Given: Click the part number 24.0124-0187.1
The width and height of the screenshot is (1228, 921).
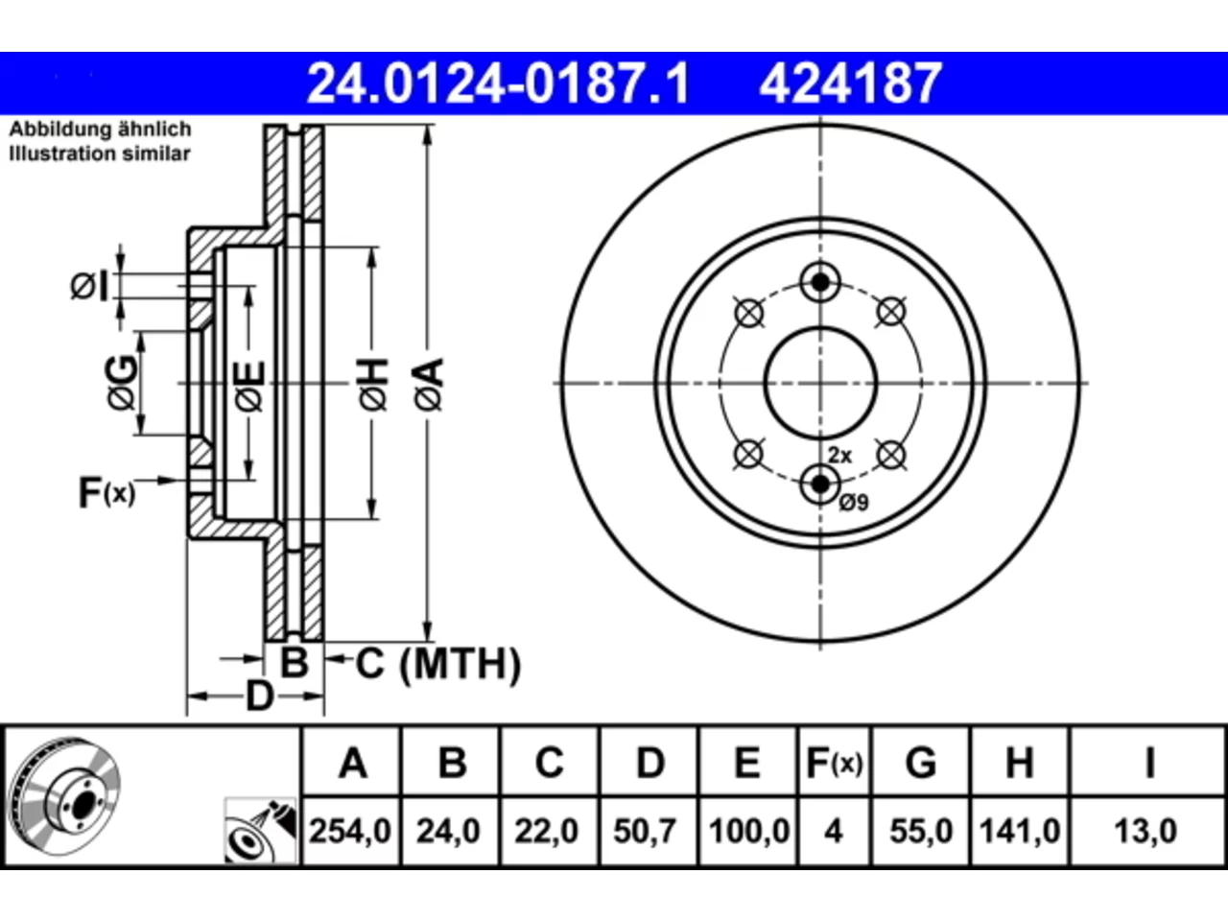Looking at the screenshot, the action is [x=498, y=83].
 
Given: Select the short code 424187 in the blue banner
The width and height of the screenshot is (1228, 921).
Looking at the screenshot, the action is [x=850, y=83].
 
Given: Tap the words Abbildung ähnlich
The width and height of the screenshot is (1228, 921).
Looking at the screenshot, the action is [x=101, y=130].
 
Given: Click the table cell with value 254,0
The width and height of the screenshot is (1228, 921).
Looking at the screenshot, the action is [x=351, y=831].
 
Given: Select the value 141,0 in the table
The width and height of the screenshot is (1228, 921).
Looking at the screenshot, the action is [x=1020, y=831].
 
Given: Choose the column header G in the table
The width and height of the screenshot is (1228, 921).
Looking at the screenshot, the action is [x=921, y=762].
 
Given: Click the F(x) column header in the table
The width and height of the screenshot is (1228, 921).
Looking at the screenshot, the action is [x=834, y=762].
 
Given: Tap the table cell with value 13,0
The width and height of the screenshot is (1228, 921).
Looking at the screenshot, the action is [x=1145, y=831].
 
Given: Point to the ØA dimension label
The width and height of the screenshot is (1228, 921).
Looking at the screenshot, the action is [x=430, y=385].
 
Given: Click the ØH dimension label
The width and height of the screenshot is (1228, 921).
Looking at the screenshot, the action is [x=373, y=385].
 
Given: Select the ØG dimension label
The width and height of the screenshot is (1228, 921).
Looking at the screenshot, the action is [x=122, y=383].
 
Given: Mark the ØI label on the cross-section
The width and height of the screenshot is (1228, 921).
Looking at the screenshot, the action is [x=89, y=287].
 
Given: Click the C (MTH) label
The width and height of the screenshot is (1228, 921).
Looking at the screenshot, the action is [x=438, y=664].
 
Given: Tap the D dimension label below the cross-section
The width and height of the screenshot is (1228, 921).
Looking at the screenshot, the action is [x=260, y=697].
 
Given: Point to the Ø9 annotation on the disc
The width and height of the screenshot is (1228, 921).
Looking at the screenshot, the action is [x=854, y=503].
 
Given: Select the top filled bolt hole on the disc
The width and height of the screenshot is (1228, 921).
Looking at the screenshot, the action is [x=820, y=282].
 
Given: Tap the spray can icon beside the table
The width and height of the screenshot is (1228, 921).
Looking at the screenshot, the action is [x=261, y=831].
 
